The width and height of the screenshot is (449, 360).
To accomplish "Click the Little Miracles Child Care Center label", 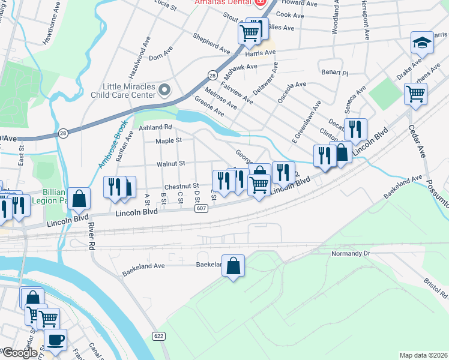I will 124,91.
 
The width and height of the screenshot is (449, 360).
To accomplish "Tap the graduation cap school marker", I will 422,43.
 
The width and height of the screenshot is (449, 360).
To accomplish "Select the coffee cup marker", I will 56,340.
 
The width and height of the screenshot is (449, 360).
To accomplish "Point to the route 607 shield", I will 201,208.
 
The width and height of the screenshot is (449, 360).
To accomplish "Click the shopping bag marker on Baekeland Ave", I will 234,266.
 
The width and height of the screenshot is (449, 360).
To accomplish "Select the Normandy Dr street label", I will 352,254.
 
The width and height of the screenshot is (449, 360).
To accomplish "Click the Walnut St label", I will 170,163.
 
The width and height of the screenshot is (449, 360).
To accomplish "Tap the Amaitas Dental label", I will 224,3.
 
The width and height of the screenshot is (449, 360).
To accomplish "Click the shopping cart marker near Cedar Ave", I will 415,94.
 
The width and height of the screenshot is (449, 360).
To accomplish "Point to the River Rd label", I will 91,232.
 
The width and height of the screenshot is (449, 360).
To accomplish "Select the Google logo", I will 20,353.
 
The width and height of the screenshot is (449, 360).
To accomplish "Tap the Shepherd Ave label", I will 211,42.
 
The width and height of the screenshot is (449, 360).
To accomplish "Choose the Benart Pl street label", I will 334,73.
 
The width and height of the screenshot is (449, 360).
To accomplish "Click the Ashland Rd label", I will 155,127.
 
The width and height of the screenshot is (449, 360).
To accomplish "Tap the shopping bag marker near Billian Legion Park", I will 79,199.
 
